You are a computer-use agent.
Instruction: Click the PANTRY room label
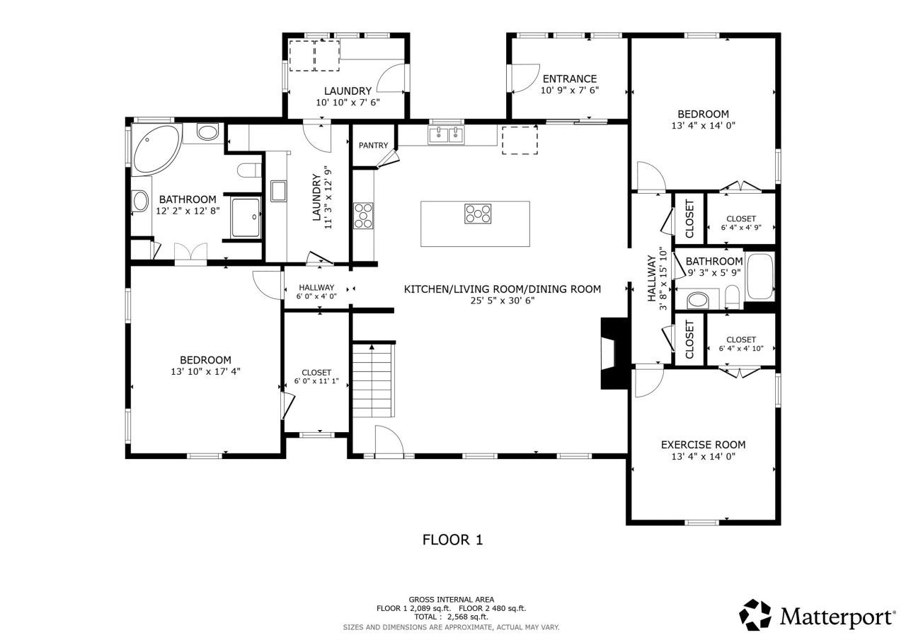pyautogui.click(x=373, y=146)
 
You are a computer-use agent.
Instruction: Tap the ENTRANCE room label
pyautogui.click(x=569, y=78)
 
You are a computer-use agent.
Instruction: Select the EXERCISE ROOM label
pyautogui.click(x=703, y=445)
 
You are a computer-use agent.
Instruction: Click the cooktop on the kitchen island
pyautogui.click(x=478, y=214)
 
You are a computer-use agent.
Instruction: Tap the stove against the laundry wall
pyautogui.click(x=363, y=216)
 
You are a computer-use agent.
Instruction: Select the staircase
pyautogui.click(x=372, y=380)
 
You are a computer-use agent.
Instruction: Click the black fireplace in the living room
pyautogui.click(x=612, y=352)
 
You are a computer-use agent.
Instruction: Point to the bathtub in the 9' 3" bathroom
pyautogui.click(x=761, y=276)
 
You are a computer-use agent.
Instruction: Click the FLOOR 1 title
pyautogui.click(x=452, y=540)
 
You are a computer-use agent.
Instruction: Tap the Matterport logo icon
pyautogui.click(x=756, y=615)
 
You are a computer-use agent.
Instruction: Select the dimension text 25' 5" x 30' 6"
pyautogui.click(x=502, y=300)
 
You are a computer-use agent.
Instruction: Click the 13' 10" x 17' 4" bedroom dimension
pyautogui.click(x=205, y=371)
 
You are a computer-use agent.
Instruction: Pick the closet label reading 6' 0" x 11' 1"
pyautogui.click(x=316, y=381)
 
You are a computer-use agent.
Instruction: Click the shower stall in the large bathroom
pyautogui.click(x=246, y=217)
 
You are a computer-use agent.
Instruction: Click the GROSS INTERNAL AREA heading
pyautogui.click(x=451, y=599)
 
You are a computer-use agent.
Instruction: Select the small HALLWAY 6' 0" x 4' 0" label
pyautogui.click(x=316, y=291)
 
